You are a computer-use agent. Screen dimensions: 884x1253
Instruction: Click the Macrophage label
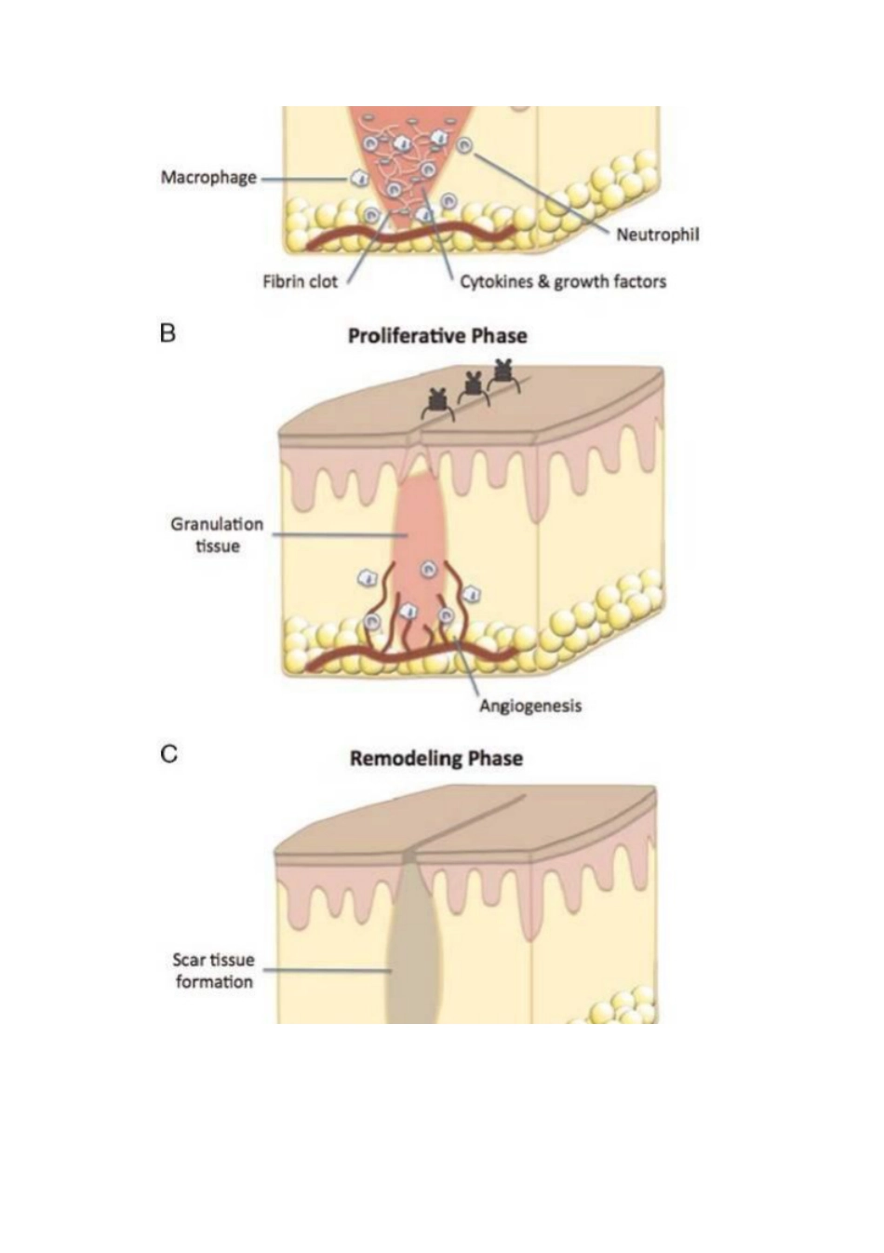[208, 178]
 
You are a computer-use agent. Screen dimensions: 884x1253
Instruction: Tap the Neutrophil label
[658, 235]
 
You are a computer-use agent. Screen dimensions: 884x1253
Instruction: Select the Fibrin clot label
[301, 281]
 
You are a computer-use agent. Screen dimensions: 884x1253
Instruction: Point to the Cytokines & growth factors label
[563, 281]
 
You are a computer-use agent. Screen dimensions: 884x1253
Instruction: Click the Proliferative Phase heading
[437, 336]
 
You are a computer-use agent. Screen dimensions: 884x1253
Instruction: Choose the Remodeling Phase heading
[436, 759]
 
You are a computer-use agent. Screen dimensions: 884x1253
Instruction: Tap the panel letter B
[167, 333]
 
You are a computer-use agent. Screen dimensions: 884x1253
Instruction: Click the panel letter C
[168, 755]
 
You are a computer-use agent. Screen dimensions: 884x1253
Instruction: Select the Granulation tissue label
[217, 535]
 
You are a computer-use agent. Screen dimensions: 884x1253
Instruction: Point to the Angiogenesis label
[530, 706]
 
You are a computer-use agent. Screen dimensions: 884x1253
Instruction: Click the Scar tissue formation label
[214, 971]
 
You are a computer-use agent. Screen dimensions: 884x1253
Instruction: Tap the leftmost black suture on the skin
[437, 403]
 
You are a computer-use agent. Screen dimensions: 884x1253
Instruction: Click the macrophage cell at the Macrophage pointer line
[358, 179]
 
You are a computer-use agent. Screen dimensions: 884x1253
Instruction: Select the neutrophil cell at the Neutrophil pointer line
[464, 146]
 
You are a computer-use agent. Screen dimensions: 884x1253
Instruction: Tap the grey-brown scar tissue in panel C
[411, 946]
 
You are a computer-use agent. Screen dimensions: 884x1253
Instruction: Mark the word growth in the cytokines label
[581, 282]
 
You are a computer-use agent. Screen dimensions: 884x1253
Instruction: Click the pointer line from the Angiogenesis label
[466, 667]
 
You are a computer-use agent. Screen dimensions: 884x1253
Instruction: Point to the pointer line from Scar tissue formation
[328, 970]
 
